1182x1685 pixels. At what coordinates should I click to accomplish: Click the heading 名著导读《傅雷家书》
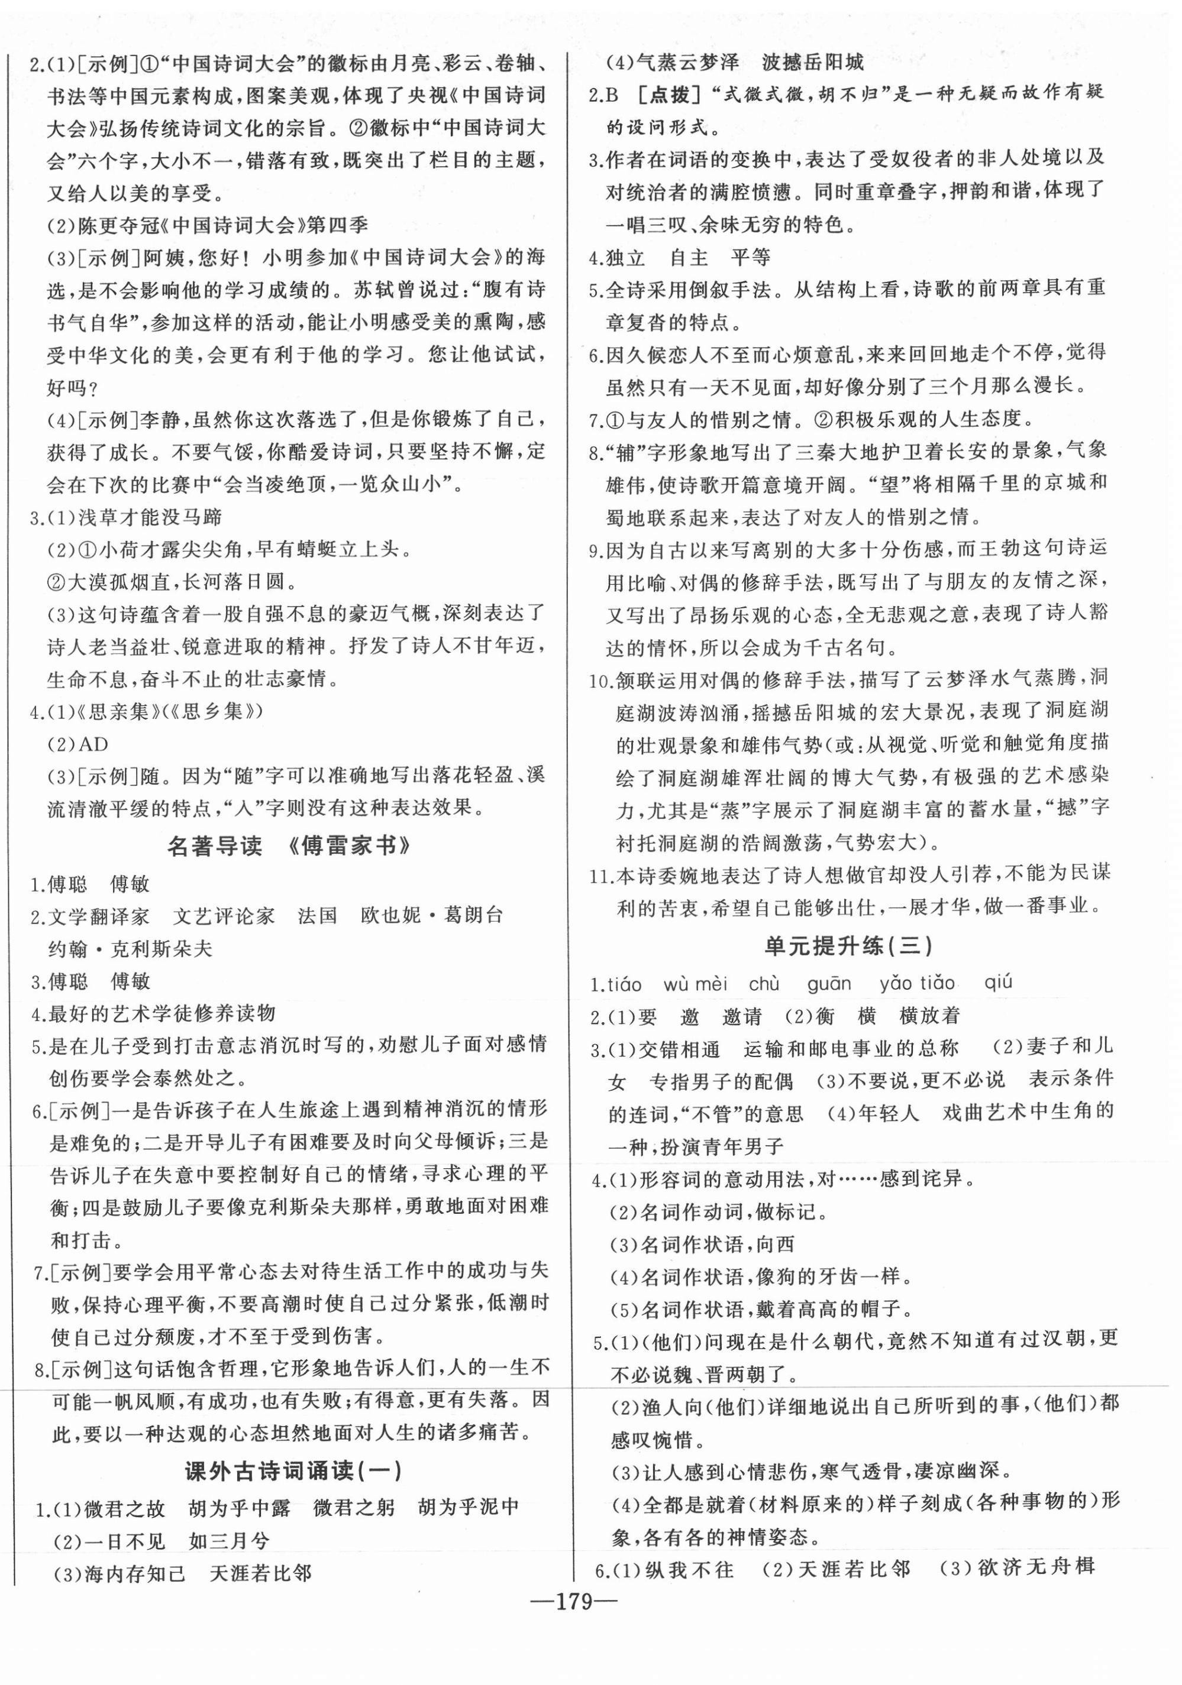[289, 846]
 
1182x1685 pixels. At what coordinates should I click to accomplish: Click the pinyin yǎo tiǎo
[917, 983]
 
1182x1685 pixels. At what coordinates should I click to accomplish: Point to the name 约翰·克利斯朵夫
[130, 948]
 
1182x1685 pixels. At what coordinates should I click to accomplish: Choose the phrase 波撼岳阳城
[813, 61]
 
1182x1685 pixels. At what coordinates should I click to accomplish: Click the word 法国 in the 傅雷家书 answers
[317, 915]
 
